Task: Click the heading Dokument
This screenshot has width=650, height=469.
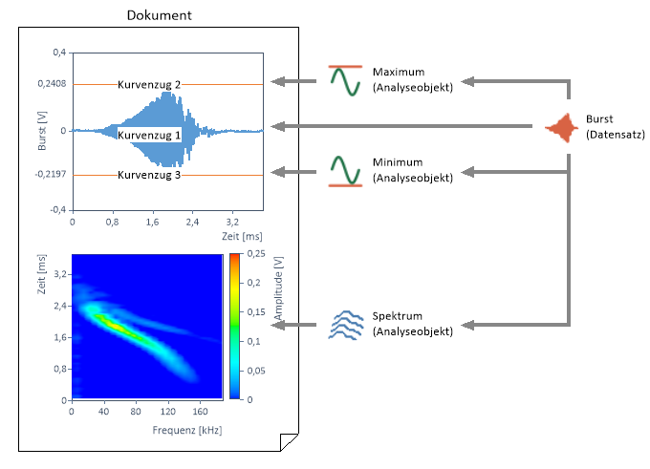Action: (161, 15)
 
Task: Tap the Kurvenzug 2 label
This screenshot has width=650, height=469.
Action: (149, 85)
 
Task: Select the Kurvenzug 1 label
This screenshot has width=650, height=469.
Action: (149, 136)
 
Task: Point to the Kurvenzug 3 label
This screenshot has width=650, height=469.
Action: (149, 175)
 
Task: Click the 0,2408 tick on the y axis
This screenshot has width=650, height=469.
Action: (52, 85)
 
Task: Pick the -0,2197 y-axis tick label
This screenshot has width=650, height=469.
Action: (50, 175)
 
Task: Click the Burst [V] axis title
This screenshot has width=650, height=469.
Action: (40, 132)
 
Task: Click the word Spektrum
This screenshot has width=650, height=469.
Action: (398, 316)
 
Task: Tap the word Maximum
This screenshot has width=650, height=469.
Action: (400, 74)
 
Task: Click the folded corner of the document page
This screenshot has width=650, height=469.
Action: (289, 441)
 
